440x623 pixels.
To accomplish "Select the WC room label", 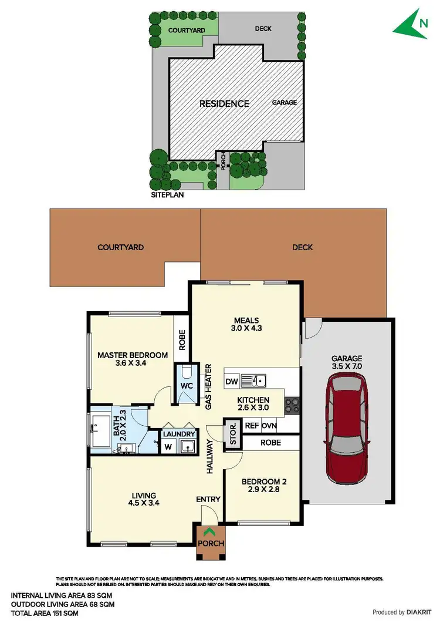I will click(x=187, y=386).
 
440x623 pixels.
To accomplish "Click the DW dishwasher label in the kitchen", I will click(x=232, y=382).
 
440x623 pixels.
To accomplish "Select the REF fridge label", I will click(x=252, y=426).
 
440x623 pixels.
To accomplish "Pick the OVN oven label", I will click(x=269, y=426).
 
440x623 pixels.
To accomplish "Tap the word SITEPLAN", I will click(x=167, y=194).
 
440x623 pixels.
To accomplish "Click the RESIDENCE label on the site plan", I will click(x=224, y=104).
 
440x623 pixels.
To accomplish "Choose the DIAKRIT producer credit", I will click(x=401, y=612).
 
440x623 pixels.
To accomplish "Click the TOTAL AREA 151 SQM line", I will click(x=44, y=613).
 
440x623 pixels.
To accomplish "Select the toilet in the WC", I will click(x=186, y=373).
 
